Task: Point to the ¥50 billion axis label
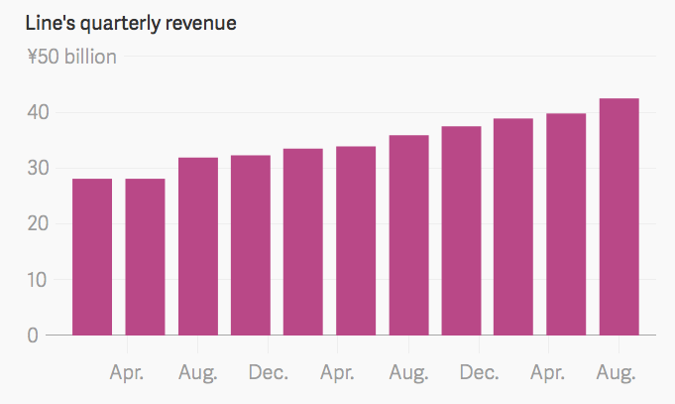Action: click(71, 57)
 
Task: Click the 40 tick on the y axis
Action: click(38, 113)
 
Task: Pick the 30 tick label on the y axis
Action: click(38, 169)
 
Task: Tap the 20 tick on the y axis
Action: click(38, 224)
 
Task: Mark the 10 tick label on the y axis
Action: click(38, 280)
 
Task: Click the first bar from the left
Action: click(92, 257)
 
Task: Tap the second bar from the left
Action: click(145, 257)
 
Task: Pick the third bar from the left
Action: click(197, 246)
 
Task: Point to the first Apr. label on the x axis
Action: click(127, 373)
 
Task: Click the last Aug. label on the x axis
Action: click(616, 373)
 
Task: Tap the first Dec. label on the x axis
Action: click(269, 373)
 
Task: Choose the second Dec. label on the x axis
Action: click(479, 373)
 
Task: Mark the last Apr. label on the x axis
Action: click(548, 373)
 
